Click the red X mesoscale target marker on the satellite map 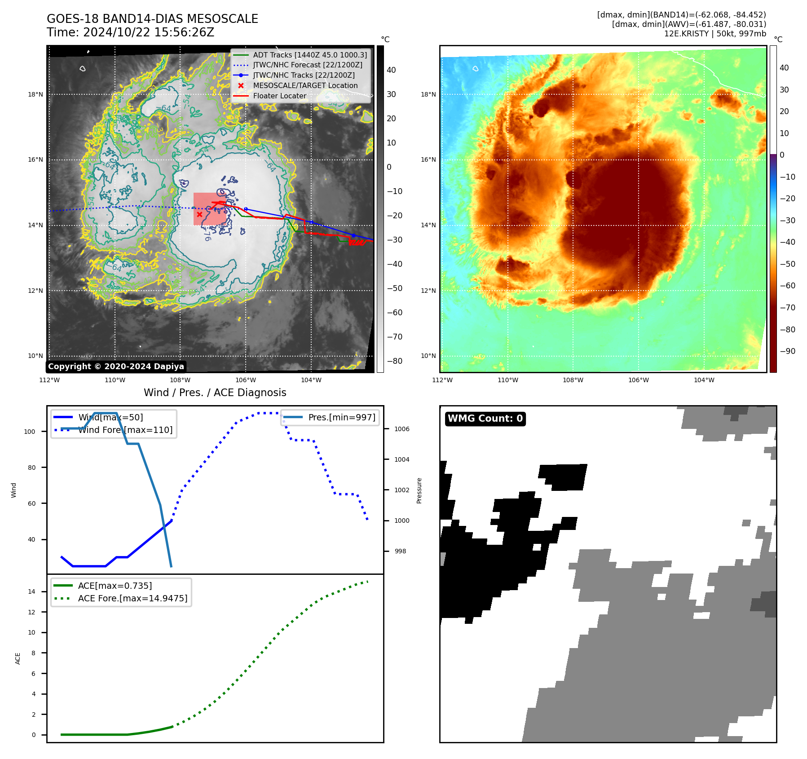coord(199,215)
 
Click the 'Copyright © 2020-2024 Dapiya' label coord(116,366)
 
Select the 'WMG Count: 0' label coord(485,419)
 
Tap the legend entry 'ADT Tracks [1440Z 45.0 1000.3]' coord(310,55)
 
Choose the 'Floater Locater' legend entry coord(279,96)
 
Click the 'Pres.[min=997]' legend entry coord(342,417)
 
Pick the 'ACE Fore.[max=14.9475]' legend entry coord(132,598)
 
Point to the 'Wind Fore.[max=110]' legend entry coord(125,430)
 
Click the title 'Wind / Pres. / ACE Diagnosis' coord(215,393)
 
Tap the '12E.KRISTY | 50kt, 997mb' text coord(715,34)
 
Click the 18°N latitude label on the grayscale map coord(35,94)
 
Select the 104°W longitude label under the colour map coord(704,380)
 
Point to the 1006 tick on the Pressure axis coord(401,429)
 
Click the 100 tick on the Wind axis coord(30,432)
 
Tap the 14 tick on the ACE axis coord(31,591)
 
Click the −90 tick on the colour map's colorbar coord(787,351)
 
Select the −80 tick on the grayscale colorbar coord(394,361)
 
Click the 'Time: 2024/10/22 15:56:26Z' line coord(130,32)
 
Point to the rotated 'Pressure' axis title coord(419,490)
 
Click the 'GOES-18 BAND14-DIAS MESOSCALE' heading coord(152,19)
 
